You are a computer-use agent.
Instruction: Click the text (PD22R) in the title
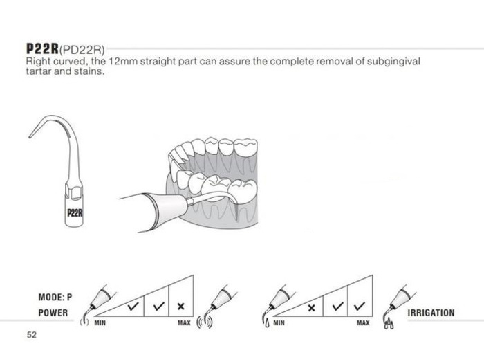82,50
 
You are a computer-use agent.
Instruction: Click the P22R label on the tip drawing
75,212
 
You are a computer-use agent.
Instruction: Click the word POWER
53,313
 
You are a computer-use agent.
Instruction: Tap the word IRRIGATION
431,313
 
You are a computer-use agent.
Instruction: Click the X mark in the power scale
180,306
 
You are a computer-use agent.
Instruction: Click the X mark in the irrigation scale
311,307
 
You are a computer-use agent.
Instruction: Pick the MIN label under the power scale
100,323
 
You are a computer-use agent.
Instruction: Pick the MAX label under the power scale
184,323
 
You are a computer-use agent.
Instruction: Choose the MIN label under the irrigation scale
279,323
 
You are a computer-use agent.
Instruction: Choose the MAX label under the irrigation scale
362,323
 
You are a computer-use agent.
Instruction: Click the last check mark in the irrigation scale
358,305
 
